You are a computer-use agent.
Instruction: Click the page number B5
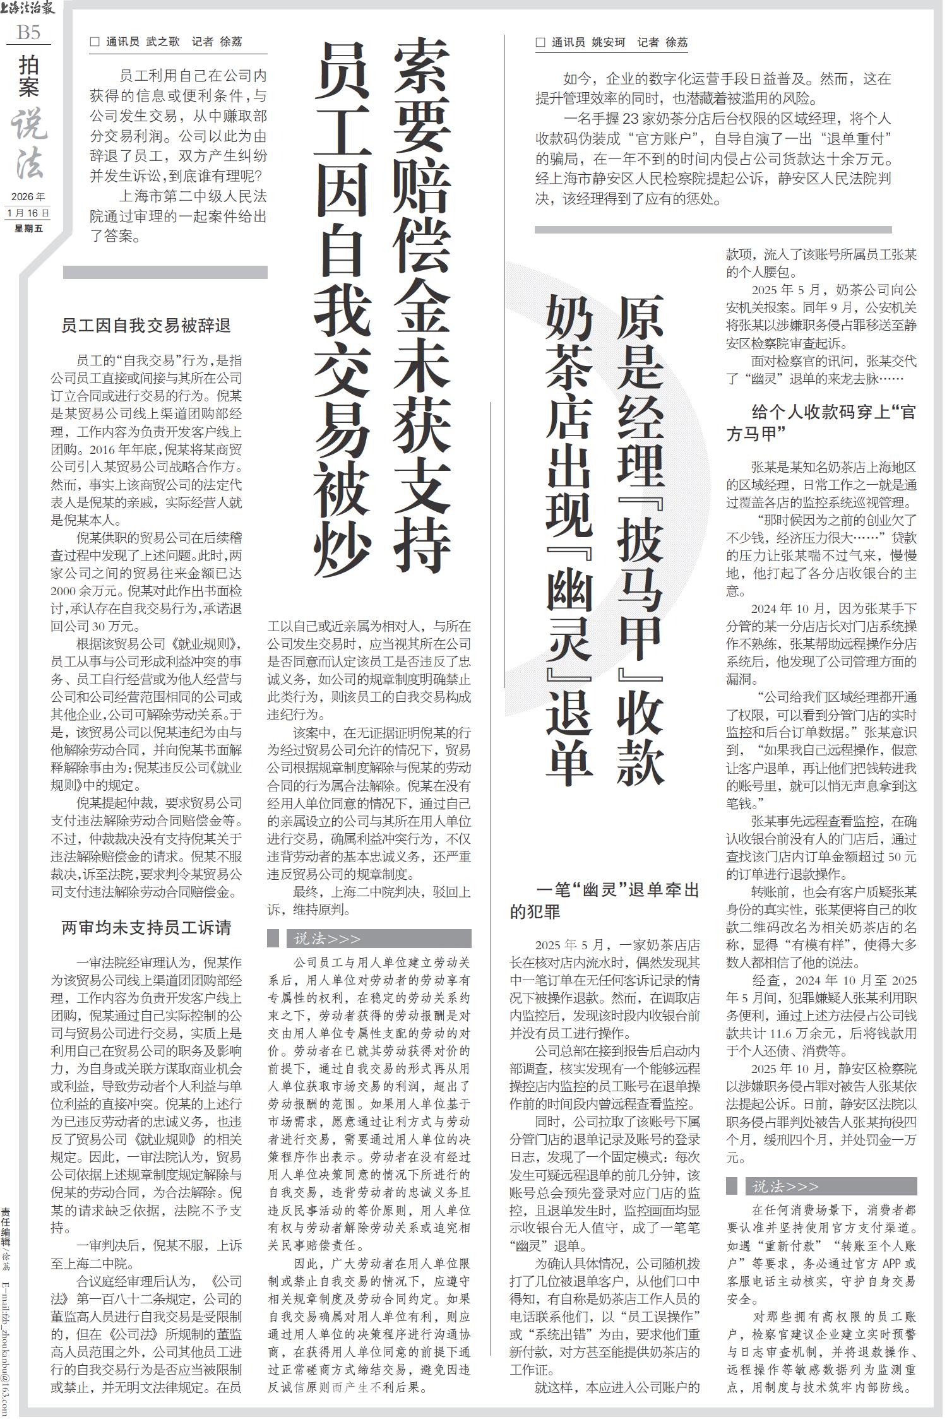(28, 33)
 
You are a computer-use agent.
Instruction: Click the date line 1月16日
(28, 213)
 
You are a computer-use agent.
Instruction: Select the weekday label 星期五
(28, 228)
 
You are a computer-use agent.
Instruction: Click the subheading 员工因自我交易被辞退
(146, 326)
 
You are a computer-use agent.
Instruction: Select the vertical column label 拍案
(28, 76)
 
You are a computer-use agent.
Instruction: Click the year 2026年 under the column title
(28, 197)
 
